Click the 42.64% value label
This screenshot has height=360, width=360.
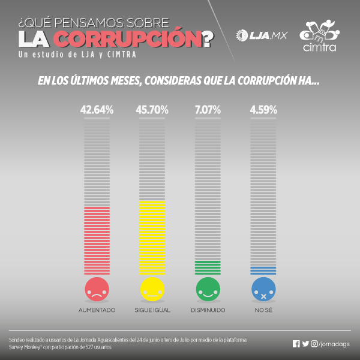click(x=97, y=110)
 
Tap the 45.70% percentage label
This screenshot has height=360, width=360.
click(x=152, y=110)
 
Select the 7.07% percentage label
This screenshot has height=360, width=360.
click(x=208, y=110)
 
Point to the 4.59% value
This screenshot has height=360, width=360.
click(x=263, y=110)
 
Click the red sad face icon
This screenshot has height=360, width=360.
click(x=96, y=290)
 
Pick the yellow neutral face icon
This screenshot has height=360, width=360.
click(x=152, y=290)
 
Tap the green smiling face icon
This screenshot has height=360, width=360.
click(x=208, y=290)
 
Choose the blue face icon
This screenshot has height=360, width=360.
click(x=263, y=290)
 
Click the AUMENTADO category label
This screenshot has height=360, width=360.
click(x=97, y=310)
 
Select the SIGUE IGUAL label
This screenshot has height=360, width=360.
click(x=152, y=310)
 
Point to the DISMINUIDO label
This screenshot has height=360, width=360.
click(x=208, y=310)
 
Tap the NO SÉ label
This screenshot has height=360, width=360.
click(x=263, y=310)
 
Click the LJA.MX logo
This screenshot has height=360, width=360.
click(x=262, y=35)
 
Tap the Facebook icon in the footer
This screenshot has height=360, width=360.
click(x=296, y=344)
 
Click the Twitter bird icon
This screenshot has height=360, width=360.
click(x=305, y=344)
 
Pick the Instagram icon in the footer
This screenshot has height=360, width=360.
click(x=314, y=344)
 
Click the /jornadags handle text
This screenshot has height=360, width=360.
click(x=335, y=344)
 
